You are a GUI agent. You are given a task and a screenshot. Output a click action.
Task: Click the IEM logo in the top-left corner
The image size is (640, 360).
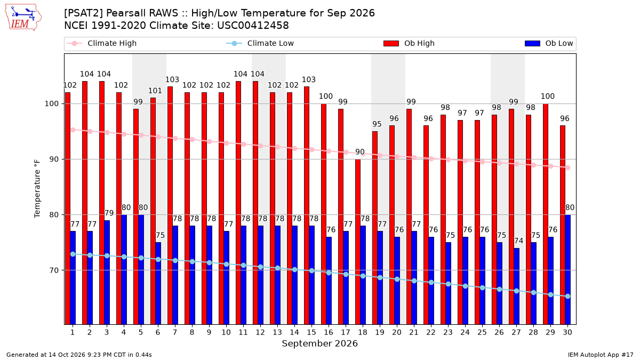tap(23, 17)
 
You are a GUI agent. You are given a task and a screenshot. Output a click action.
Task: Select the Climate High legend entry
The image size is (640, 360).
tap(101, 43)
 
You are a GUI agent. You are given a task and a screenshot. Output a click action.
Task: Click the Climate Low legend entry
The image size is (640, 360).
tap(260, 43)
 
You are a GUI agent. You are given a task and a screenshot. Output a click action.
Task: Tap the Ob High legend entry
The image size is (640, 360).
tap(409, 43)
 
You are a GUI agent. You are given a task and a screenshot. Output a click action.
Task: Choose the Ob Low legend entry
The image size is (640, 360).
tap(549, 43)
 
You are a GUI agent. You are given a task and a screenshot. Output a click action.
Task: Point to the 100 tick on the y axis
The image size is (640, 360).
tap(51, 103)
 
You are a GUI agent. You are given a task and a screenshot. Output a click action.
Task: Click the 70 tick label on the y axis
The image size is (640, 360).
tap(54, 270)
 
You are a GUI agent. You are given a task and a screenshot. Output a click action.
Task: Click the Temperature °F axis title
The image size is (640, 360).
tap(37, 189)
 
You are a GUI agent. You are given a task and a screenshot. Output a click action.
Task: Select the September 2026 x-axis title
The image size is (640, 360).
tap(319, 343)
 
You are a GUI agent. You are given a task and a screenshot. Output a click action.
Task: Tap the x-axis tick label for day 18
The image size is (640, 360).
tap(363, 332)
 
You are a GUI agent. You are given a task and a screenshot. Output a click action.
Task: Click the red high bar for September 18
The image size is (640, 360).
tap(358, 242)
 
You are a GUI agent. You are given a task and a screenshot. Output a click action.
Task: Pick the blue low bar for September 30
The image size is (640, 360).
tap(567, 269)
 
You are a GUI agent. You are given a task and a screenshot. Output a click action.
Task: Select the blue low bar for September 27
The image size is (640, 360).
tap(517, 286)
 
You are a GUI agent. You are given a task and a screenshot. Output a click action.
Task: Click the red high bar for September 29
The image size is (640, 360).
tap(546, 214)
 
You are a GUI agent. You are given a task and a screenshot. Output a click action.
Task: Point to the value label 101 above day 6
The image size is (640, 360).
tap(155, 91)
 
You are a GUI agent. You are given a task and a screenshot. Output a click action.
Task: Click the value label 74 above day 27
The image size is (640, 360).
tap(518, 241)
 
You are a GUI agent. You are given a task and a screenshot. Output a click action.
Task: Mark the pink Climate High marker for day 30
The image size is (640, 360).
tap(567, 167)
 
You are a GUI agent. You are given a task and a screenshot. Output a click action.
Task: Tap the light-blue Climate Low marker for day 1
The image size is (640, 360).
tap(73, 254)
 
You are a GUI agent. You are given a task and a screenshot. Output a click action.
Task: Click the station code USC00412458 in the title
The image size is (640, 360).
tap(253, 26)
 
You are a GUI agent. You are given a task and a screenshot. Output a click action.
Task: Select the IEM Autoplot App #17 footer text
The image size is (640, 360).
tap(601, 355)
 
